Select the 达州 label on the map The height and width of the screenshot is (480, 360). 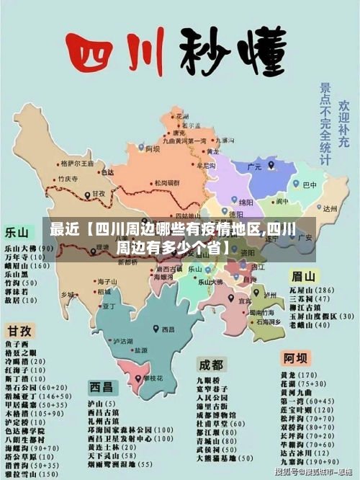coord(330,208)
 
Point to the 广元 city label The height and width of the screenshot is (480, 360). coord(254,166)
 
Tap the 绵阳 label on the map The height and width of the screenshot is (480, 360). coord(246,203)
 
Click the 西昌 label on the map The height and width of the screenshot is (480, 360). coord(168,329)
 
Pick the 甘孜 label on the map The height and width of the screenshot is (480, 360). coord(98,194)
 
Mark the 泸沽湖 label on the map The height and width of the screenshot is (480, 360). coord(124,341)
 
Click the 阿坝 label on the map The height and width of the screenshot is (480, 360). coord(153,149)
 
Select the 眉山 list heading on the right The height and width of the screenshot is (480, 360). coord(303,276)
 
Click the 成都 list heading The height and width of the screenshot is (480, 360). coord(211,363)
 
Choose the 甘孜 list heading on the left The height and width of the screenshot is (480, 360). coord(19,331)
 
